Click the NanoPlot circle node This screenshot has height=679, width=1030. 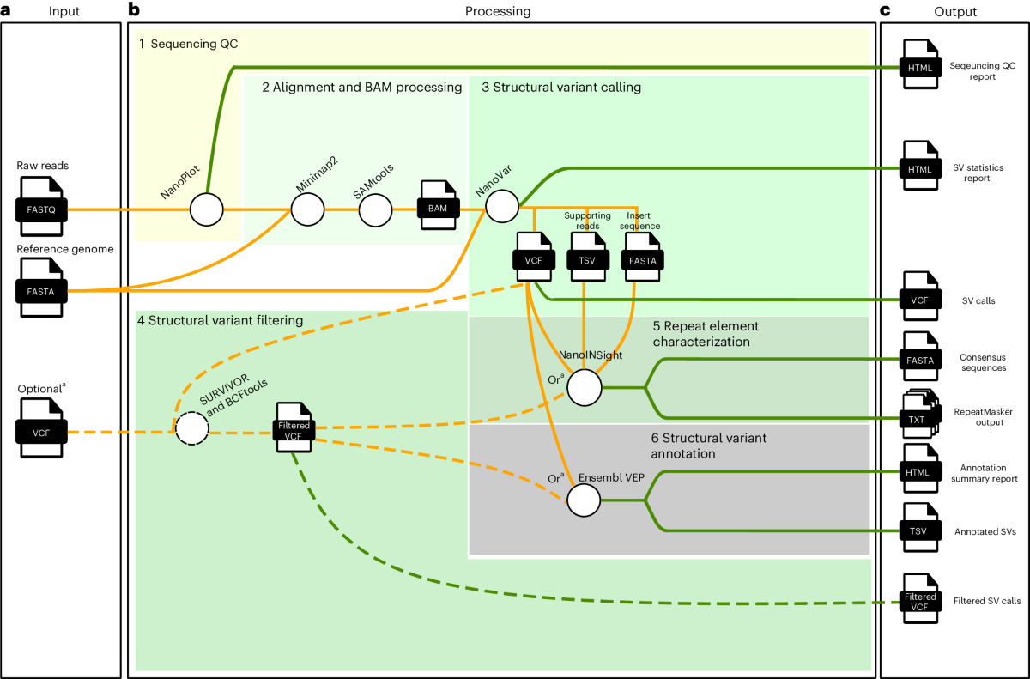(206, 209)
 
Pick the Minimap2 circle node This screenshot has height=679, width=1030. (307, 209)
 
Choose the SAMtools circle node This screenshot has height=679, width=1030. (375, 209)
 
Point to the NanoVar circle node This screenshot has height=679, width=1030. (501, 207)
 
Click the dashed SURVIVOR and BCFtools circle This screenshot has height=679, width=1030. (192, 427)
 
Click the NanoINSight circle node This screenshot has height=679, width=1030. (585, 388)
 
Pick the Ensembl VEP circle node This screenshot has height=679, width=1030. (585, 499)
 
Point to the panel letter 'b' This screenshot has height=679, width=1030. (134, 10)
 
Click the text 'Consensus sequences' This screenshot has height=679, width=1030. (980, 361)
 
